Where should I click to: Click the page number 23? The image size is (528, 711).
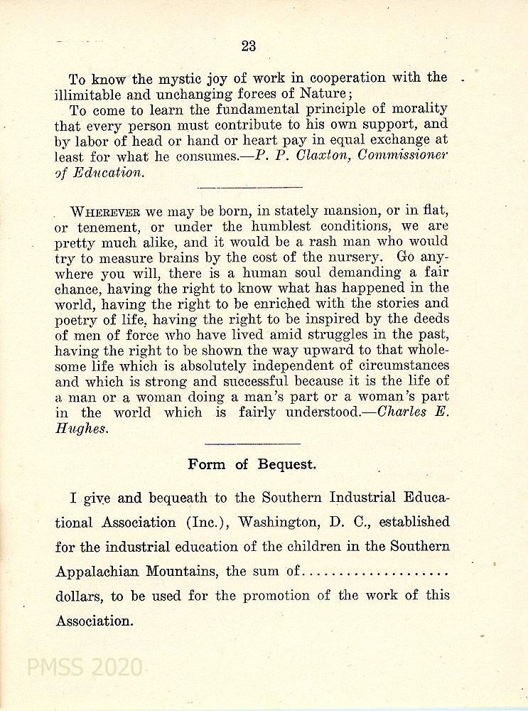click(248, 46)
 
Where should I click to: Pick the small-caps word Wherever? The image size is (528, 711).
click(107, 212)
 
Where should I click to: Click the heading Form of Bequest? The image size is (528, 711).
click(252, 465)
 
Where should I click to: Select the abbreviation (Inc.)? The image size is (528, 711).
click(207, 522)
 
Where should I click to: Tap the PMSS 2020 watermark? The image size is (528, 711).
click(84, 668)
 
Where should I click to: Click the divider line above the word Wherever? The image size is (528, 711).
click(249, 188)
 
